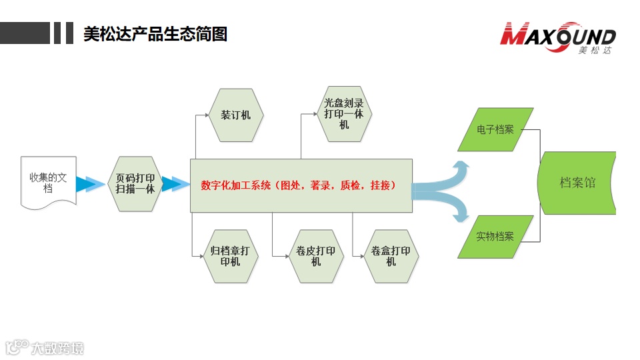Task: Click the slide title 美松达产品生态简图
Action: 155,33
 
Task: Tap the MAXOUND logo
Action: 558,35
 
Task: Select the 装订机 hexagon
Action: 236,115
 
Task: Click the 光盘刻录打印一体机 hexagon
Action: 343,114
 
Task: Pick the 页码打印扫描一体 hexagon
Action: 135,184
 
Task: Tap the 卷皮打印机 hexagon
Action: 316,257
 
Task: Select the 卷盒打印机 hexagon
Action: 391,257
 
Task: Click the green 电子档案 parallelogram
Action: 496,129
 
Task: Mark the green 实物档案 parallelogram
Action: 495,237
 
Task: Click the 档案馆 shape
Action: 577,183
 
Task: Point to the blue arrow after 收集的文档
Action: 89,184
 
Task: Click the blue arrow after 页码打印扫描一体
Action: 175,184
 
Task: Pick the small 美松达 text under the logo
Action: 595,51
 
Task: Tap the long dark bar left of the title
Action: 25,33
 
